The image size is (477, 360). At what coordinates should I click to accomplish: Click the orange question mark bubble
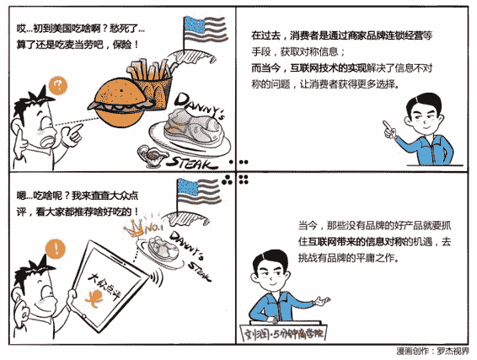tap(58, 86)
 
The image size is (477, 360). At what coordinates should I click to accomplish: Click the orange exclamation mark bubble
tap(56, 249)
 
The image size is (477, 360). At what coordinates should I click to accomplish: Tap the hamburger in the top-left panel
tap(118, 103)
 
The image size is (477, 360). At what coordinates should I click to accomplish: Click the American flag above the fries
tap(205, 30)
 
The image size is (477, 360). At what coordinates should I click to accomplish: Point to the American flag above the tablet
tap(198, 192)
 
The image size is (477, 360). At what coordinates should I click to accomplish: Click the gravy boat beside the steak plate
tap(151, 155)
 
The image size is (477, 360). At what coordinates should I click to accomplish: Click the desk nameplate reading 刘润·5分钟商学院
tap(283, 334)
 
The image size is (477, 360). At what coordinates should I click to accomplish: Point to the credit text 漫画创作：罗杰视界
tap(432, 351)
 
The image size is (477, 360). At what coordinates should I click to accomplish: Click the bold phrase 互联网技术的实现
tap(328, 67)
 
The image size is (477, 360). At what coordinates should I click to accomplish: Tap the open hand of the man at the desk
tap(323, 301)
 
